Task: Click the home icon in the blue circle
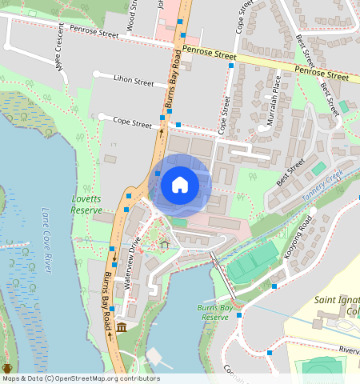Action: [x=180, y=185]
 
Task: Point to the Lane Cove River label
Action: [x=45, y=240]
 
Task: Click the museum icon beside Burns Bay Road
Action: [x=121, y=328]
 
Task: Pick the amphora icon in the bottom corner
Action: [x=7, y=369]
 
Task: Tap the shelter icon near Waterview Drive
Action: [x=165, y=244]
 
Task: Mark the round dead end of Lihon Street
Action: [x=97, y=74]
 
